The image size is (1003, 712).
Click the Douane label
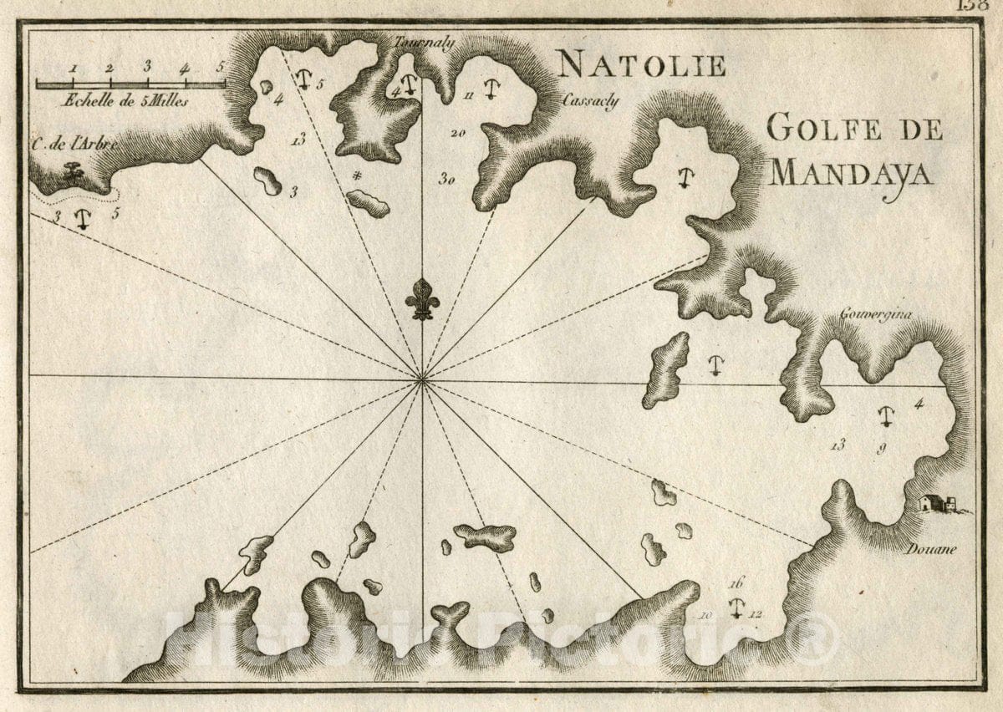(x=930, y=549)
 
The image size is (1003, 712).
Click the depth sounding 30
(x=447, y=177)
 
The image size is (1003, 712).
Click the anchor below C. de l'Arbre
(x=82, y=219)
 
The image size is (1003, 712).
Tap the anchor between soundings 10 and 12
(x=736, y=608)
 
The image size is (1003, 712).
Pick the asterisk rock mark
(x=357, y=175)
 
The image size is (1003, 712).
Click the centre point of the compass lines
(x=422, y=381)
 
